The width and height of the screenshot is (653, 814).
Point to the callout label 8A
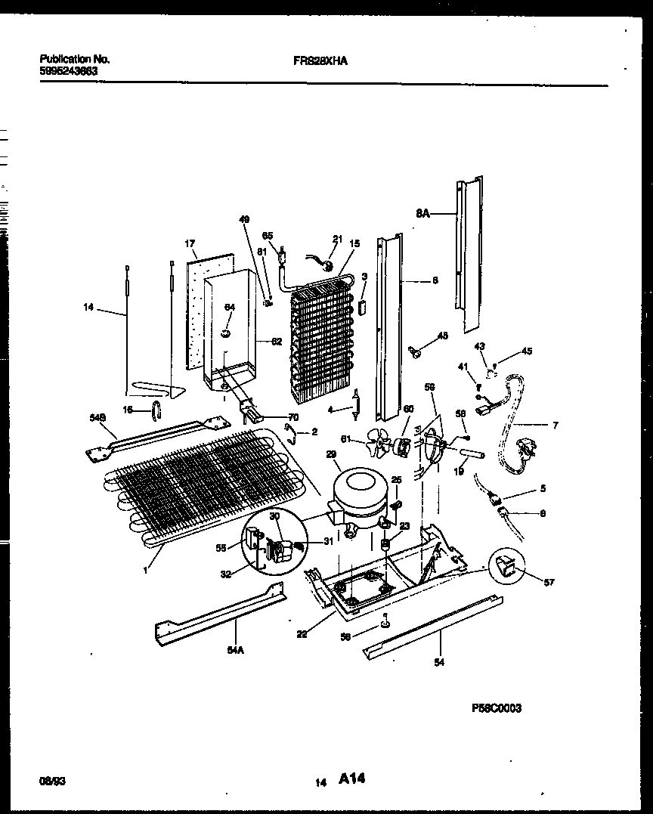click(x=422, y=214)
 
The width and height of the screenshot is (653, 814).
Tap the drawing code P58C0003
click(x=496, y=708)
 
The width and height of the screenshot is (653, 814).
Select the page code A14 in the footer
click(x=352, y=778)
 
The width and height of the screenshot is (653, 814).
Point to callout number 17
click(x=190, y=243)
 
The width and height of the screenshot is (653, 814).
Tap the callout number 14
click(x=90, y=307)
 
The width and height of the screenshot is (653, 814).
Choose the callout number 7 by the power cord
click(x=556, y=426)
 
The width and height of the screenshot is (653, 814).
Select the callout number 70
click(x=293, y=416)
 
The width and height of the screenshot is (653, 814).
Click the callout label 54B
click(x=96, y=416)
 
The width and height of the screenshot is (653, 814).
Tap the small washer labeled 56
click(x=385, y=622)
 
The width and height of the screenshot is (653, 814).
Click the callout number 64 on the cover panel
click(x=229, y=307)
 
